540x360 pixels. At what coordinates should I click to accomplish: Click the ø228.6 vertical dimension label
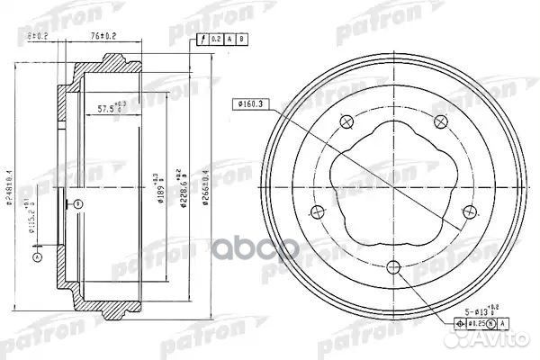(x=184, y=184)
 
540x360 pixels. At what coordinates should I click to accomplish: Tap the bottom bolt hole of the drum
(x=393, y=266)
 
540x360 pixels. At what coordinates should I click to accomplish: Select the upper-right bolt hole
(x=440, y=121)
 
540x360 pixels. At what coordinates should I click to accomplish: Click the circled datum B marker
(x=78, y=204)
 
